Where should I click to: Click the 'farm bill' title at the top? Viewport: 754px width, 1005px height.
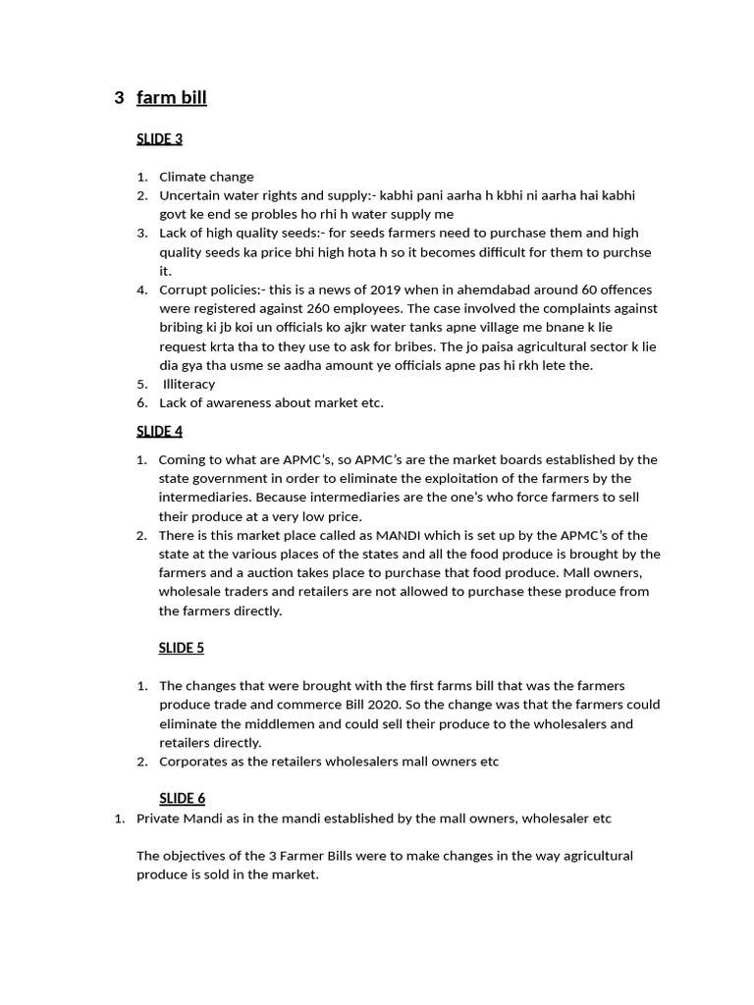point(172,97)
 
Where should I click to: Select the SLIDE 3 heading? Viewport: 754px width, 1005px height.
point(159,138)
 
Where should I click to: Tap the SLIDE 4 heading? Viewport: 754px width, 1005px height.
point(159,431)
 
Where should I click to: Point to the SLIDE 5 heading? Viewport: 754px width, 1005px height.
point(182,648)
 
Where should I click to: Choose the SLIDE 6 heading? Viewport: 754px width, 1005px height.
point(182,798)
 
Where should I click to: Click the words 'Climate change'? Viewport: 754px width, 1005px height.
point(206,177)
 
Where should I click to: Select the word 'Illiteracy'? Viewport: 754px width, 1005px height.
point(188,384)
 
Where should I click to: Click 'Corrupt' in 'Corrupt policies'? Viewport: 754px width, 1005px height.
point(183,290)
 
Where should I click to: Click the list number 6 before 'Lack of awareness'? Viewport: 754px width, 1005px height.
point(141,402)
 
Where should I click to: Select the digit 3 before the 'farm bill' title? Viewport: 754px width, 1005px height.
point(119,97)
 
